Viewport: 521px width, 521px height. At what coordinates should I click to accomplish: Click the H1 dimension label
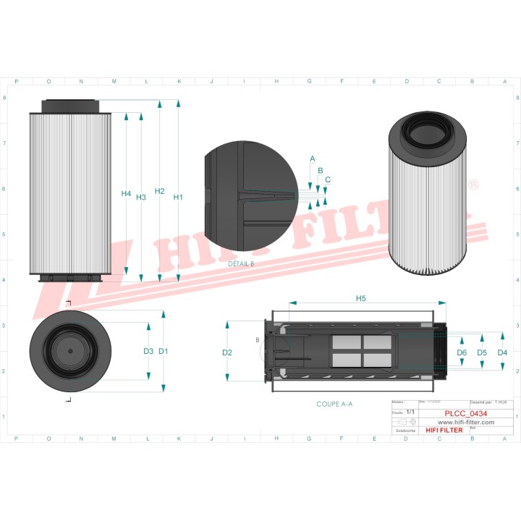click(x=178, y=198)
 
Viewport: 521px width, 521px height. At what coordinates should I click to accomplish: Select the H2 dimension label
click(x=160, y=192)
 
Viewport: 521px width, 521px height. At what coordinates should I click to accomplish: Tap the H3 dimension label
click(x=141, y=197)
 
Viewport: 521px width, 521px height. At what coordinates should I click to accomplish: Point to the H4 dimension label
click(x=126, y=194)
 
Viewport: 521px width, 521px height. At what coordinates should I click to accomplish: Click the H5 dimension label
click(x=361, y=298)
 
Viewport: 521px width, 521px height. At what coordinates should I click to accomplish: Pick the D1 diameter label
click(x=164, y=351)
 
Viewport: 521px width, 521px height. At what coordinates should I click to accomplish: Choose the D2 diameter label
click(x=227, y=352)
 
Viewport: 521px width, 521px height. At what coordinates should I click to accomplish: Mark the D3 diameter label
click(x=148, y=351)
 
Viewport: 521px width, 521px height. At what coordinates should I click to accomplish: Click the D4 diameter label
click(x=503, y=352)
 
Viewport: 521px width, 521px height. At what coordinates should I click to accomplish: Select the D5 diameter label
click(x=482, y=352)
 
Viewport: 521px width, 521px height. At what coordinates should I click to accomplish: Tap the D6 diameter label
click(x=462, y=352)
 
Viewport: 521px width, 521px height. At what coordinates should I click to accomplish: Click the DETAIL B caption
click(x=241, y=264)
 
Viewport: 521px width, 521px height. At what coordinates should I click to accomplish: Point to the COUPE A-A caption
click(x=334, y=404)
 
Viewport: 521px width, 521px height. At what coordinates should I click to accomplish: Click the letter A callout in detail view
click(x=313, y=158)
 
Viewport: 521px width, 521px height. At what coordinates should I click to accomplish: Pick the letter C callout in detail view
click(x=328, y=179)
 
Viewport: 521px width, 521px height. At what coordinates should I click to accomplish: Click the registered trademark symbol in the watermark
click(x=473, y=186)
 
